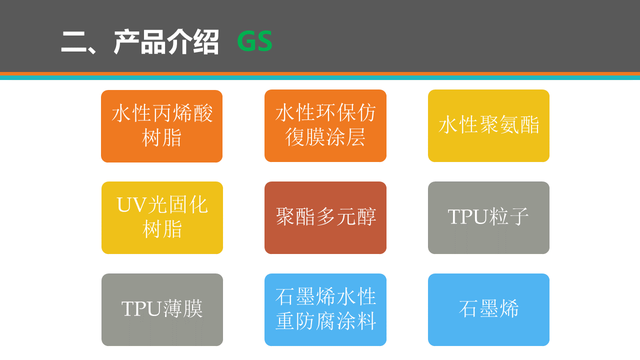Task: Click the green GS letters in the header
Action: pos(254,41)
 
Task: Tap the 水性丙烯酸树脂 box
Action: pos(161,126)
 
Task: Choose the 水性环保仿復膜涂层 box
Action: pos(325,125)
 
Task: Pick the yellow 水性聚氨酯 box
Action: pos(488,125)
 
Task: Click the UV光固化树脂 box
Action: pos(162,217)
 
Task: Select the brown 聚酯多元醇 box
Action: pos(325,217)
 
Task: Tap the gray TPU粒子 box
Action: pos(488,217)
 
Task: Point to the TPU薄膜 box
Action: pos(162,309)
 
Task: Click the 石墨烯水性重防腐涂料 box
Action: pos(325,309)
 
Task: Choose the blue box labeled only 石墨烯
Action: pos(488,309)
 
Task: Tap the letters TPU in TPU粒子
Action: pos(467,217)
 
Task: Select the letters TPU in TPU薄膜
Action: pos(141,309)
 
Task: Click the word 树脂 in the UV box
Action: pos(162,229)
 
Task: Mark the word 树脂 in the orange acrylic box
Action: pos(161,137)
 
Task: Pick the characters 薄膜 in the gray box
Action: pos(182,308)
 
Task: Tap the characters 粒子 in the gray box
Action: pos(508,216)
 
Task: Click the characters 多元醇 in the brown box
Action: pos(346,216)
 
